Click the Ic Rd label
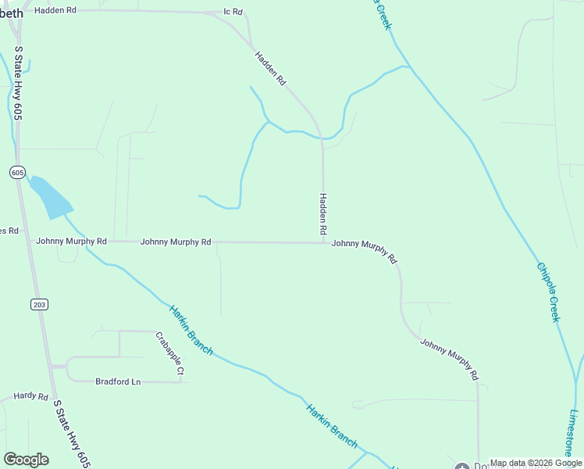[x=233, y=13]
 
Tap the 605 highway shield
[x=18, y=172]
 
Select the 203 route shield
[x=39, y=304]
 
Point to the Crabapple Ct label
[x=169, y=354]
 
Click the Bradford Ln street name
[x=118, y=381]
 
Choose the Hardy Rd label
[x=31, y=396]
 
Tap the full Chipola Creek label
[x=548, y=292]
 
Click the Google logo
[x=26, y=460]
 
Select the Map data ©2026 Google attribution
[x=536, y=463]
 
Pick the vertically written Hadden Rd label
[x=322, y=215]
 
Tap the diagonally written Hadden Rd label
[x=271, y=69]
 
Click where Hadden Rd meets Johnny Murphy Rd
[x=324, y=242]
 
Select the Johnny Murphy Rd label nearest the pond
[x=71, y=242]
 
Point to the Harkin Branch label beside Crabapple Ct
[x=191, y=330]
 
